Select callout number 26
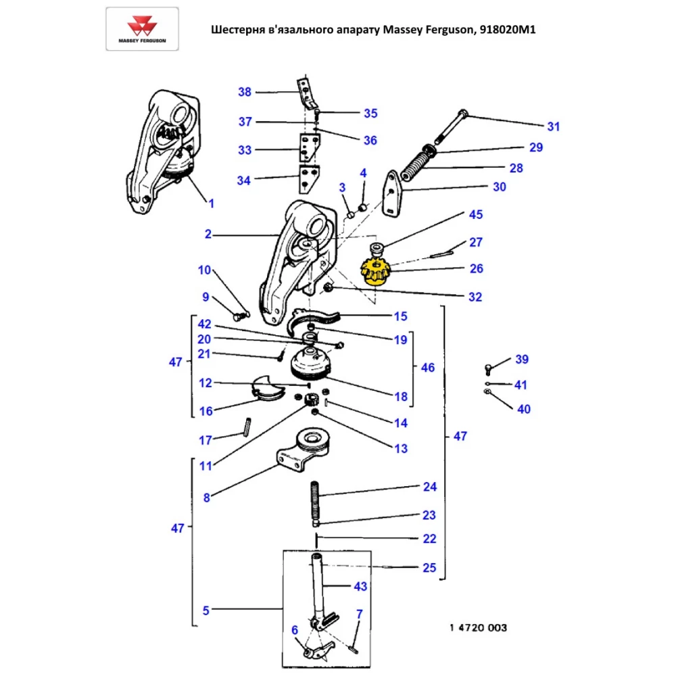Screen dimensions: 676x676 point(477,268)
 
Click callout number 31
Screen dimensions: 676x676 point(554,126)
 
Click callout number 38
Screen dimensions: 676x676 point(244,92)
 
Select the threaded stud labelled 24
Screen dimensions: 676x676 point(316,499)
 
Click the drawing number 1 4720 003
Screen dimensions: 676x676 point(478,628)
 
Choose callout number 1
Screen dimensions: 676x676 point(210,203)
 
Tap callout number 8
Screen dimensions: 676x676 point(206,498)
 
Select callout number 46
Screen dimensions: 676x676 point(428,368)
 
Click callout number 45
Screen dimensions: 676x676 point(477,215)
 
